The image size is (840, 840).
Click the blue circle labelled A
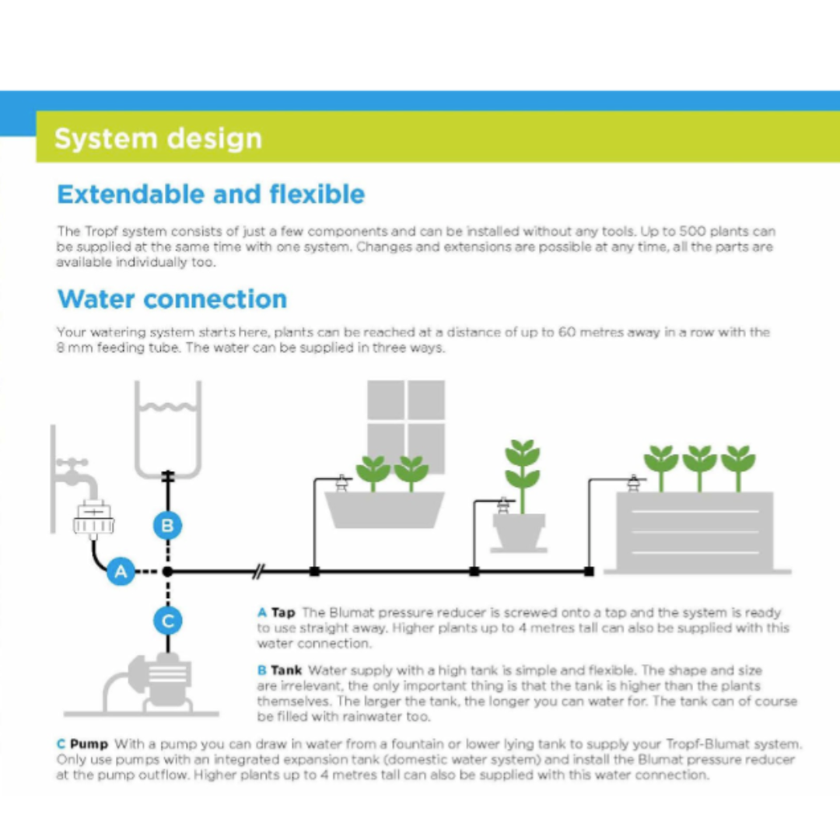tap(121, 572)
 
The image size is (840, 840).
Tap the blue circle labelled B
tap(167, 527)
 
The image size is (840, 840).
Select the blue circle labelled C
tap(167, 621)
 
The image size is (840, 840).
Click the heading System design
tap(158, 138)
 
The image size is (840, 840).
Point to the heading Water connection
tap(172, 299)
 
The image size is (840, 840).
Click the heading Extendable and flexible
tap(211, 194)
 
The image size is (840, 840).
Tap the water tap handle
tap(72, 464)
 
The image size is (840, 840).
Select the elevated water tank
tap(167, 428)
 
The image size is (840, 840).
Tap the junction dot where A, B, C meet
tap(167, 572)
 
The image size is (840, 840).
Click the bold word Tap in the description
tap(283, 613)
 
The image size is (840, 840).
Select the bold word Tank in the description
tap(286, 670)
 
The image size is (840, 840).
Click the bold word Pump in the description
tap(89, 744)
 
